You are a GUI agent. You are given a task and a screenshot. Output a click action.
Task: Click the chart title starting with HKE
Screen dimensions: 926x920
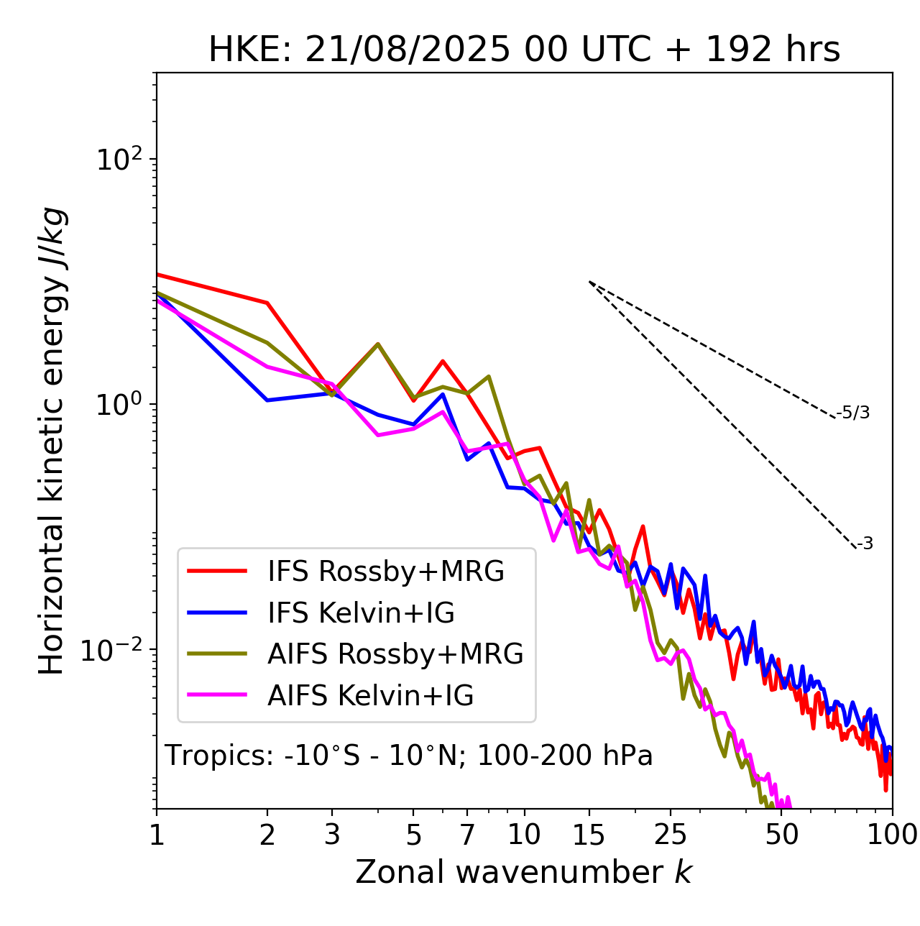click(x=524, y=50)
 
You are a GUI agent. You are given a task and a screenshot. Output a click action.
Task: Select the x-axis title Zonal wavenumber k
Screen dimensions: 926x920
click(x=523, y=872)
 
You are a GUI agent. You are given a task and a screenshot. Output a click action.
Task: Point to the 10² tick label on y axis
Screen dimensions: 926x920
click(x=119, y=159)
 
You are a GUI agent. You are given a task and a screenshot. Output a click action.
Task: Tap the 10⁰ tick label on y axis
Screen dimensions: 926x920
click(x=119, y=404)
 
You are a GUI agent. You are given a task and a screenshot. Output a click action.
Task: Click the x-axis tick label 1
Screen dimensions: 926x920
click(x=157, y=835)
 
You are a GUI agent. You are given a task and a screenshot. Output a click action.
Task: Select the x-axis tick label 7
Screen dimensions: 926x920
click(x=467, y=835)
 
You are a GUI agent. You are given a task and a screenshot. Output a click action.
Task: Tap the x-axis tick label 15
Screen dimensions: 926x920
click(x=589, y=835)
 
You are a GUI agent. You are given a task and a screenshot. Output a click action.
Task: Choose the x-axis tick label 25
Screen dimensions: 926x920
click(x=671, y=835)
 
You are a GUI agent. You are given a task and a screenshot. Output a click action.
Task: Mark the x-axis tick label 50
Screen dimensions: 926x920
click(x=781, y=835)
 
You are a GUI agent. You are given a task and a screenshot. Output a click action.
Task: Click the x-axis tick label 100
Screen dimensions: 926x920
click(x=891, y=835)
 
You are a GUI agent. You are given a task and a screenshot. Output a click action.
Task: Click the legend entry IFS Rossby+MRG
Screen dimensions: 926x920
click(x=385, y=572)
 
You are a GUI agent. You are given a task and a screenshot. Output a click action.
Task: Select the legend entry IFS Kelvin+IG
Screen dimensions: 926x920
click(x=361, y=613)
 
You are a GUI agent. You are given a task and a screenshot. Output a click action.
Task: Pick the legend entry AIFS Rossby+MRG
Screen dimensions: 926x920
click(x=395, y=654)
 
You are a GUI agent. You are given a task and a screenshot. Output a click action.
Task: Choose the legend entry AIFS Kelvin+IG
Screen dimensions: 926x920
click(x=370, y=696)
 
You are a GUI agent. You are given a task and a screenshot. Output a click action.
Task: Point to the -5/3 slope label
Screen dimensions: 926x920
click(x=853, y=413)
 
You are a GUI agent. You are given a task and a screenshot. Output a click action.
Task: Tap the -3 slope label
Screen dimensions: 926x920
click(x=865, y=544)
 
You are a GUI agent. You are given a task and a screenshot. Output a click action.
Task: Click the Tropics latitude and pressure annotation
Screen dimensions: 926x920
click(x=408, y=756)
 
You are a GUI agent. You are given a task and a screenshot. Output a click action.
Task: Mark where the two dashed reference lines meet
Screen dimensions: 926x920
click(x=589, y=282)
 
